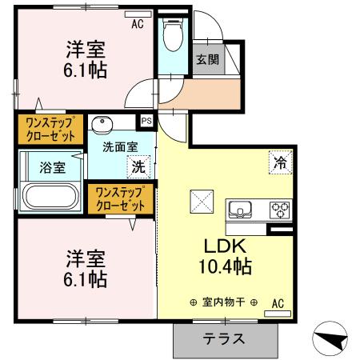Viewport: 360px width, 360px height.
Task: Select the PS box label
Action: pos(146,121)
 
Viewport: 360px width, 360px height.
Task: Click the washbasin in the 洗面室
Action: pos(102,125)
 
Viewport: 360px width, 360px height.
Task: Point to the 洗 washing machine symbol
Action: pos(138,168)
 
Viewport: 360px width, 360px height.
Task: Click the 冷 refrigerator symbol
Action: pos(280,159)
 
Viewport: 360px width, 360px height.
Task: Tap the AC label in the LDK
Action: pos(278,303)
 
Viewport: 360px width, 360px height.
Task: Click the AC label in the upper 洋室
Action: pos(138,25)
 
